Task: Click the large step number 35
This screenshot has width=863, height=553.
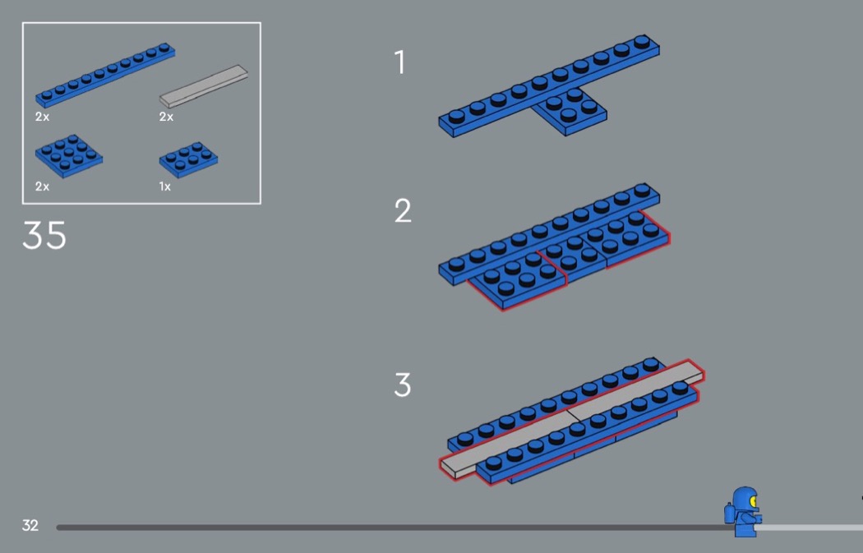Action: pos(44,236)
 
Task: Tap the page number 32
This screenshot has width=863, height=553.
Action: pos(30,526)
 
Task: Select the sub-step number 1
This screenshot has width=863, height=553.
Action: pos(400,62)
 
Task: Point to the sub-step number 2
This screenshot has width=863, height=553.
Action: pos(403,210)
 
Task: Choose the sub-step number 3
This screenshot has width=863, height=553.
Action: pos(403,385)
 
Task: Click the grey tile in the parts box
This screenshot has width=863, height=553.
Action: pos(204,85)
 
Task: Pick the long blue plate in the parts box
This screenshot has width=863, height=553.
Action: pos(105,74)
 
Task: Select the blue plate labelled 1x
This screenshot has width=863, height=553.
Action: pos(189,160)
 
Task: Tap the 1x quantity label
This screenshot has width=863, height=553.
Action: pos(164,187)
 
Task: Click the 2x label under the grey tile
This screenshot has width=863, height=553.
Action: pos(166,117)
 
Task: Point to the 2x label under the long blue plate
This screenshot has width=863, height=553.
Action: pos(43,117)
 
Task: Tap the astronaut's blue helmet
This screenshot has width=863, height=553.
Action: pos(743,499)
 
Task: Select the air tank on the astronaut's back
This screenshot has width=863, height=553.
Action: pos(729,514)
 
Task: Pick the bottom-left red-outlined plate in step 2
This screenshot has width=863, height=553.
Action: pos(517,280)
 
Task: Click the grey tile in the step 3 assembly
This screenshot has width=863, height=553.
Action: pos(572,420)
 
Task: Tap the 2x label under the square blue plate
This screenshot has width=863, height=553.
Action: pos(43,187)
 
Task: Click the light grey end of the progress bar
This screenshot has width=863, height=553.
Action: pos(809,528)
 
